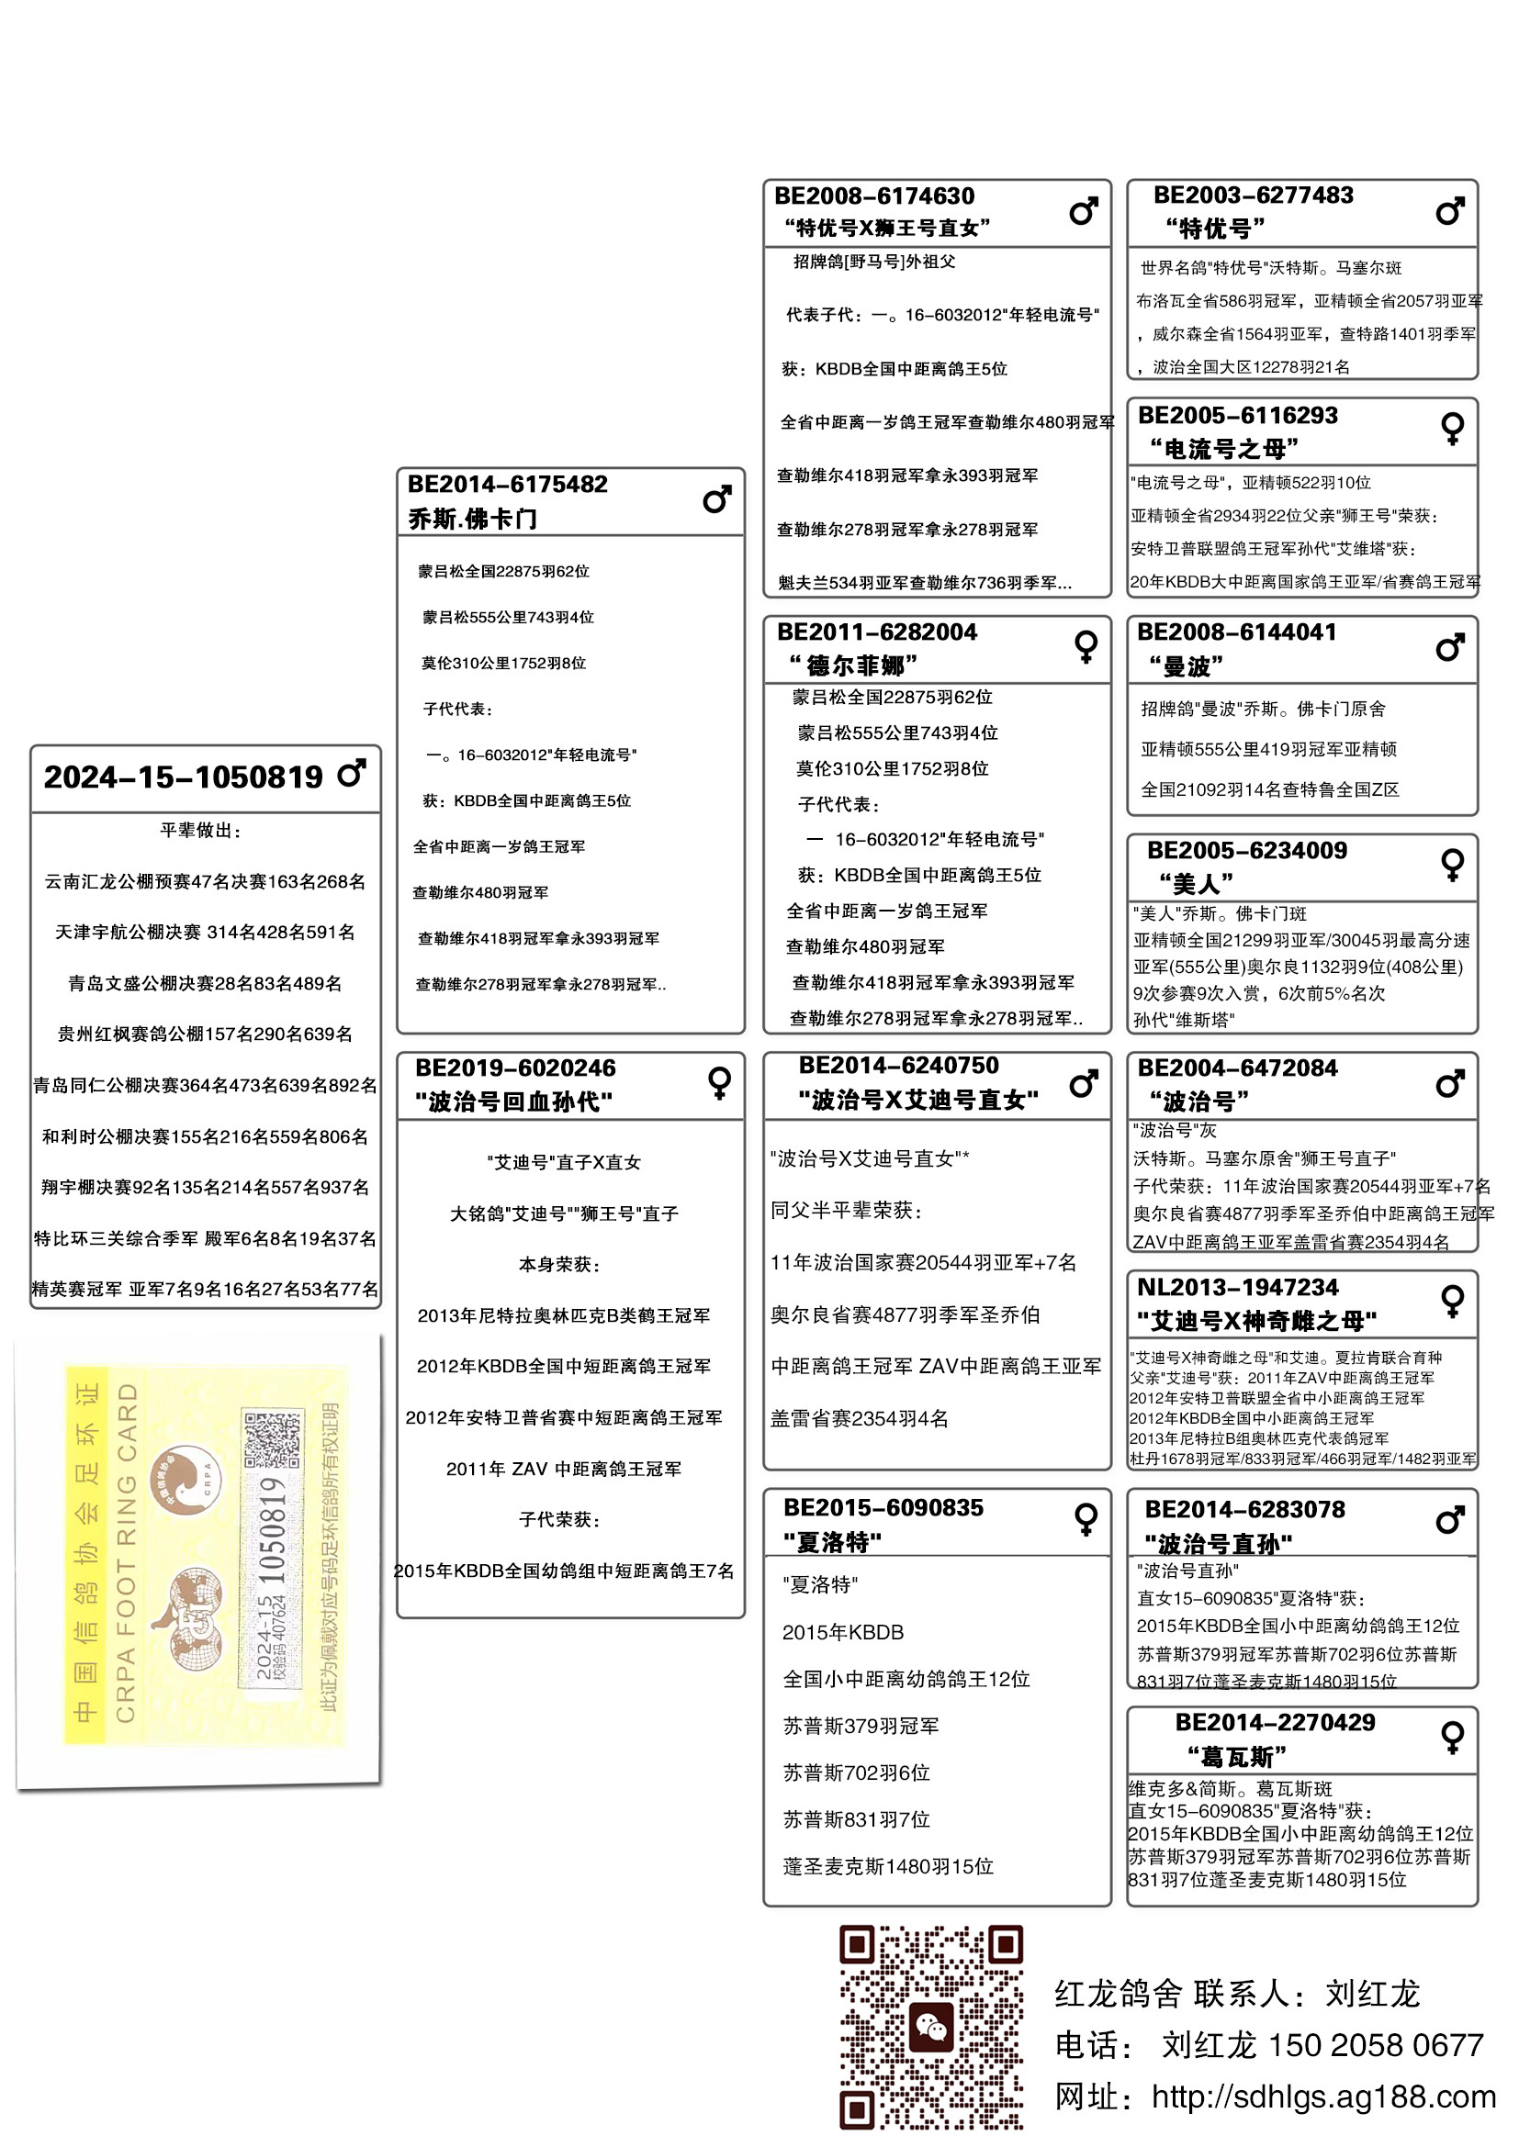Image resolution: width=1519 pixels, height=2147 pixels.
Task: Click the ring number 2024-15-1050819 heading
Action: pyautogui.click(x=184, y=777)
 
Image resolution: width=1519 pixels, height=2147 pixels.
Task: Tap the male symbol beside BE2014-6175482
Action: pyautogui.click(x=716, y=499)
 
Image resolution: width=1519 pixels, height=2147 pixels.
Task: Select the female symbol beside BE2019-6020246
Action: pyautogui.click(x=719, y=1082)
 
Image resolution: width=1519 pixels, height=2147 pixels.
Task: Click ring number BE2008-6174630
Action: pyautogui.click(x=873, y=196)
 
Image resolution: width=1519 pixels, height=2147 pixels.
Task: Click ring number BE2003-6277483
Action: pyautogui.click(x=1253, y=196)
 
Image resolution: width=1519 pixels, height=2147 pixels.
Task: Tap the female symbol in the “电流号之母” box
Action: pyautogui.click(x=1452, y=429)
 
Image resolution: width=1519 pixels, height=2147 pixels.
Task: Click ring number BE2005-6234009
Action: pyautogui.click(x=1246, y=851)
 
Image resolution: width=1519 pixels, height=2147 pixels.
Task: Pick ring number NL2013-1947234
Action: pyautogui.click(x=1236, y=1288)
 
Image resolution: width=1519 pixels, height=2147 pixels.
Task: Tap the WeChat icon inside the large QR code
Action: pyautogui.click(x=930, y=2027)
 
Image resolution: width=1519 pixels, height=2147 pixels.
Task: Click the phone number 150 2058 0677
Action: pyautogui.click(x=1375, y=2045)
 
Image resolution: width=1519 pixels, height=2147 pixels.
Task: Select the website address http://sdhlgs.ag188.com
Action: pyautogui.click(x=1322, y=2097)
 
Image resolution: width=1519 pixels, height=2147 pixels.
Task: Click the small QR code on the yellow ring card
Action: pyautogui.click(x=272, y=1441)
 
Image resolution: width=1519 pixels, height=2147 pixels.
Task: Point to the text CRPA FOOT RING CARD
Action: pyautogui.click(x=126, y=1553)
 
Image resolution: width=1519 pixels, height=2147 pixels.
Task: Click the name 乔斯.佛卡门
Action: pyautogui.click(x=472, y=519)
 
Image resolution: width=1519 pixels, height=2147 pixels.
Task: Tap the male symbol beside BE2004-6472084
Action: pyautogui.click(x=1450, y=1084)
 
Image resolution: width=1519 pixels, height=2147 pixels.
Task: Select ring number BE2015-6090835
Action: pyautogui.click(x=883, y=1507)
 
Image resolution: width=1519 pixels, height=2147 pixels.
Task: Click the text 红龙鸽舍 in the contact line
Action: pyautogui.click(x=1117, y=1994)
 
